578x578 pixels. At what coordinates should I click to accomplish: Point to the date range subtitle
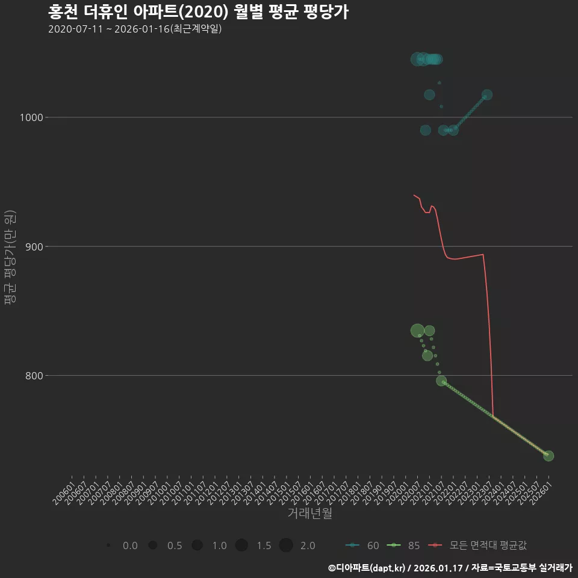point(135,29)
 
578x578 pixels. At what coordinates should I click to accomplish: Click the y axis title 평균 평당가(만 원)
point(9,259)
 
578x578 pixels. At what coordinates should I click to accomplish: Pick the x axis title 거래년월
point(309,513)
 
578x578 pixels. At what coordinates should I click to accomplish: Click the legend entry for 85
point(404,545)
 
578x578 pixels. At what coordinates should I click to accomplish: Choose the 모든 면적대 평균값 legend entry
point(479,545)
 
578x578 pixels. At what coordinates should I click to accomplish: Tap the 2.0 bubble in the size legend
point(286,545)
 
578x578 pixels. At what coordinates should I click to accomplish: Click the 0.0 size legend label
point(130,545)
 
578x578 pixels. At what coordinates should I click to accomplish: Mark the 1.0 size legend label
point(219,545)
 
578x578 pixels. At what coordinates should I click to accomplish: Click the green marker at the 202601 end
point(548,456)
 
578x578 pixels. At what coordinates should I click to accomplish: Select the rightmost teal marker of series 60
point(487,95)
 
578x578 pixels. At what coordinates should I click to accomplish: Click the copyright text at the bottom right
point(450,568)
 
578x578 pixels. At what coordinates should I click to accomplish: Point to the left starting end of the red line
point(414,194)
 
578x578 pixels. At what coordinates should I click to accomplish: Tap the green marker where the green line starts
point(441,381)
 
